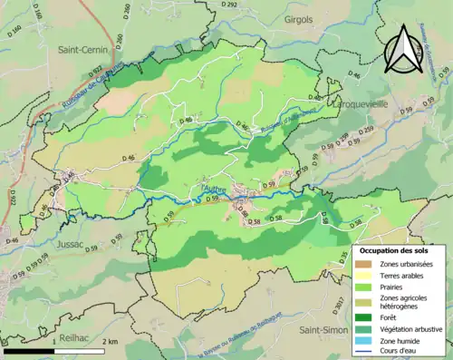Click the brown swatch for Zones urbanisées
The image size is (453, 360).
[366, 264]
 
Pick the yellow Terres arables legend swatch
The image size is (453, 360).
[366, 276]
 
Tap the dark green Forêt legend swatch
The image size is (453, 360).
[366, 317]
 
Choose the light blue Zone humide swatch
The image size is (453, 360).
[366, 341]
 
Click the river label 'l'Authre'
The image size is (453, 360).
[211, 189]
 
